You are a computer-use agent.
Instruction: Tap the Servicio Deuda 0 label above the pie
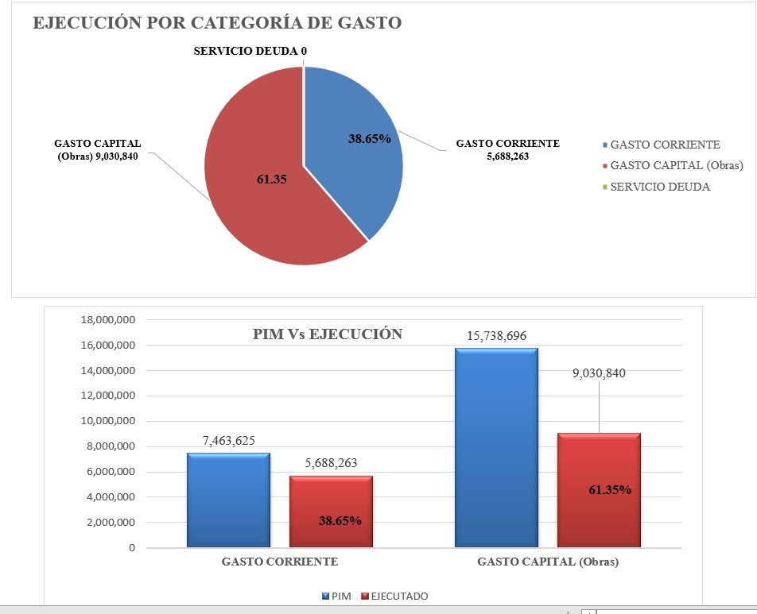(x=250, y=52)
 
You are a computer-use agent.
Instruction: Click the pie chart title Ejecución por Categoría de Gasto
(x=216, y=23)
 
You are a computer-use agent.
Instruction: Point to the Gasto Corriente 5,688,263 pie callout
(x=507, y=150)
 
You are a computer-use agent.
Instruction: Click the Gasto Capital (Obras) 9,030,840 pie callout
(x=98, y=149)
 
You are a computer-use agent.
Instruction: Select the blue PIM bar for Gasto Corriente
(x=228, y=500)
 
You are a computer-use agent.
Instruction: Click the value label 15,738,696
(x=496, y=336)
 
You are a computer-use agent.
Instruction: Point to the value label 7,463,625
(x=228, y=441)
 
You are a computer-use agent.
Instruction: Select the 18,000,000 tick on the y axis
(x=108, y=320)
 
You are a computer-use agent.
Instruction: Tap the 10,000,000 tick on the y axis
(x=108, y=421)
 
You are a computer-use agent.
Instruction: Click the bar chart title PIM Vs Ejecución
(x=327, y=334)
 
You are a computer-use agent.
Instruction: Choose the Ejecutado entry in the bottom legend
(x=394, y=596)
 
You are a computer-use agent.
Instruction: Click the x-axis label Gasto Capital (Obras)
(x=547, y=562)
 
